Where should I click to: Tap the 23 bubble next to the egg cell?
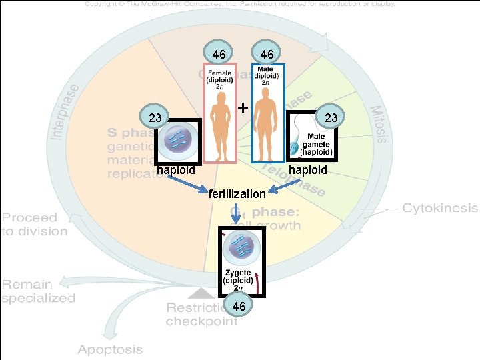[x=155, y=118]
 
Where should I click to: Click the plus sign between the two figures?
[x=243, y=107]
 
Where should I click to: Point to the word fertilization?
[x=237, y=194]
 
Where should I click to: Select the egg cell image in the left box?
[x=177, y=141]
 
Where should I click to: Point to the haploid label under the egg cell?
[x=176, y=170]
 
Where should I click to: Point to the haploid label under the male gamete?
[x=308, y=170]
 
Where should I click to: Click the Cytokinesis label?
[x=439, y=208]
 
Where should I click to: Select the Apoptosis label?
[x=110, y=349]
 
